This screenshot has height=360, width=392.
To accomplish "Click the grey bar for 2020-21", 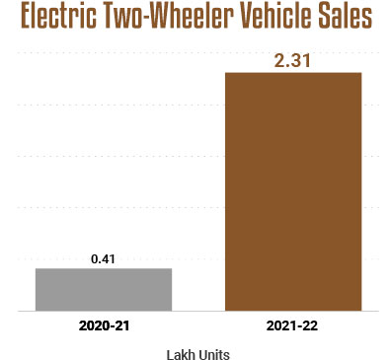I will (x=104, y=289).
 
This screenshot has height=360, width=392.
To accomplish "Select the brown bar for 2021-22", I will (x=294, y=191).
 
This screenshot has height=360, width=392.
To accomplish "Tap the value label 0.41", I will (x=104, y=257).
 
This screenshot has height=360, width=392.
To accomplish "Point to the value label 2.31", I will (x=294, y=60).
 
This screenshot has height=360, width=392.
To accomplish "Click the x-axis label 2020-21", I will (x=104, y=324).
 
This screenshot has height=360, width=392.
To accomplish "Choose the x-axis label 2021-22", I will (x=294, y=324).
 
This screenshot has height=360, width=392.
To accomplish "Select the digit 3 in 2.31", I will (x=296, y=60).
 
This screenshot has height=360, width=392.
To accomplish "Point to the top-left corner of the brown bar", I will (x=227, y=73).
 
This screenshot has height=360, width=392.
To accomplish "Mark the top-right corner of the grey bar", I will (x=171, y=268).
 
